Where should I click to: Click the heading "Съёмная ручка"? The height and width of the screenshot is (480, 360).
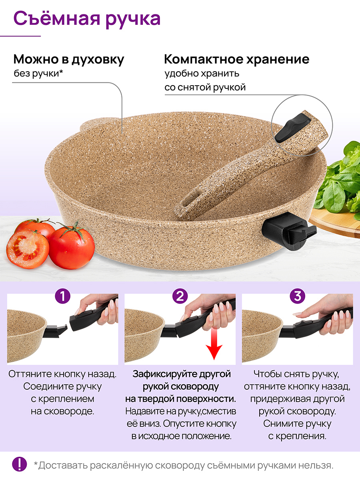coord(87,20)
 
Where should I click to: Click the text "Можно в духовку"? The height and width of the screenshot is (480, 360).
coord(69,60)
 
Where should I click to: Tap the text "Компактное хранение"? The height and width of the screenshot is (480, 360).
coord(237,59)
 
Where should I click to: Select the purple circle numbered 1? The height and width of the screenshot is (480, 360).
coord(62,296)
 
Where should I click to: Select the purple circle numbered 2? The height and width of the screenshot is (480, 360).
coord(180,296)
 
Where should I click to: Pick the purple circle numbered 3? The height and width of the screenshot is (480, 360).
coord(297,296)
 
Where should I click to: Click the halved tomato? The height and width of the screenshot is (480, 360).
coord(28,249)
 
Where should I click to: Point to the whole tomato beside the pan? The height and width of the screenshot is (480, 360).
coord(72,247)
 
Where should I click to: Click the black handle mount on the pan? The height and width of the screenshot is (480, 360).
coord(289,234)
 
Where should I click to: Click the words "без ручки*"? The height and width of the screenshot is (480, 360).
coord(38,74)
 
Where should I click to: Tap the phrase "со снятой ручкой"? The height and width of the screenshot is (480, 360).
coord(205,88)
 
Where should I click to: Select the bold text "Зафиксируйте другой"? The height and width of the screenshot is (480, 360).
coord(182,374)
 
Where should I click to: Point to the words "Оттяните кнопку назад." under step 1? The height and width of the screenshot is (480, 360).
coord(62,374)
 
